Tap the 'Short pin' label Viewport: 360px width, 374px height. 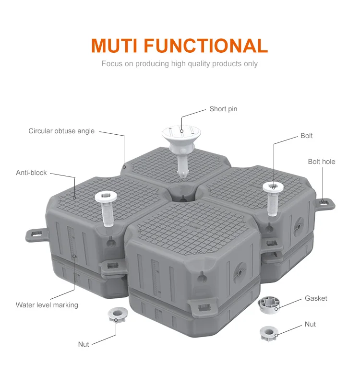click(223, 109)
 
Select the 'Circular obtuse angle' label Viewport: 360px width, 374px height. click(61, 131)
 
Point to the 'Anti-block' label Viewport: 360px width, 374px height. click(31, 172)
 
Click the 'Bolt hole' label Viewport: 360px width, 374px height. click(322, 162)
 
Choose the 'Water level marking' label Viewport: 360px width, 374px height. click(47, 305)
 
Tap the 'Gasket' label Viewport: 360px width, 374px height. click(316, 298)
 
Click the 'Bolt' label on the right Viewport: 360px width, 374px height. click(306, 136)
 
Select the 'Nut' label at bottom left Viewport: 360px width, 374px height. click(84, 344)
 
